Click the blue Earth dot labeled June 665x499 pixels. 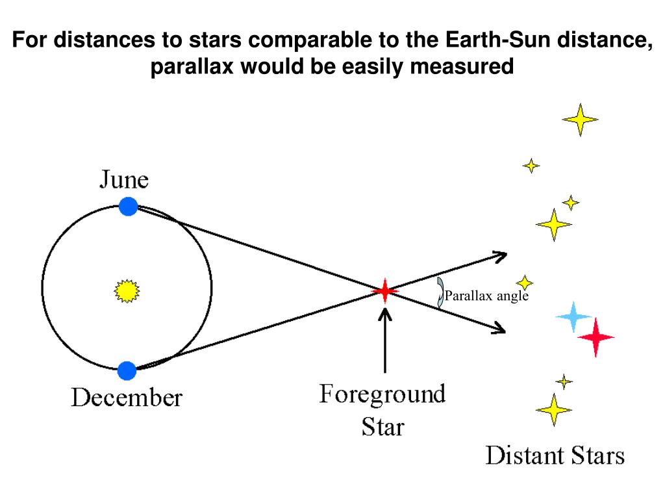point(128,207)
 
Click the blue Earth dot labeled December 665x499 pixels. point(127,371)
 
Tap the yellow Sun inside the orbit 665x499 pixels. point(127,291)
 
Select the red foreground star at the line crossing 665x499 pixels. point(384,291)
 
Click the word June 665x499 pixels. point(124,179)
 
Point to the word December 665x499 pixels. point(127,398)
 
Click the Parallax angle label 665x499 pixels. point(486,296)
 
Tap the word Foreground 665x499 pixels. point(383,394)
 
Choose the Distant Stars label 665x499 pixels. point(555,455)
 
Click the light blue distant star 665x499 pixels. point(573,316)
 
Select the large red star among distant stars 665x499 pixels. point(596,337)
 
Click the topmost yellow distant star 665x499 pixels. point(580,120)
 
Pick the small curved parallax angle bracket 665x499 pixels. point(440,292)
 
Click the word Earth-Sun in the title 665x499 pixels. point(498,40)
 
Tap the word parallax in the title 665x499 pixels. point(192,67)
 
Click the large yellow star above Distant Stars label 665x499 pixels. point(554,410)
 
